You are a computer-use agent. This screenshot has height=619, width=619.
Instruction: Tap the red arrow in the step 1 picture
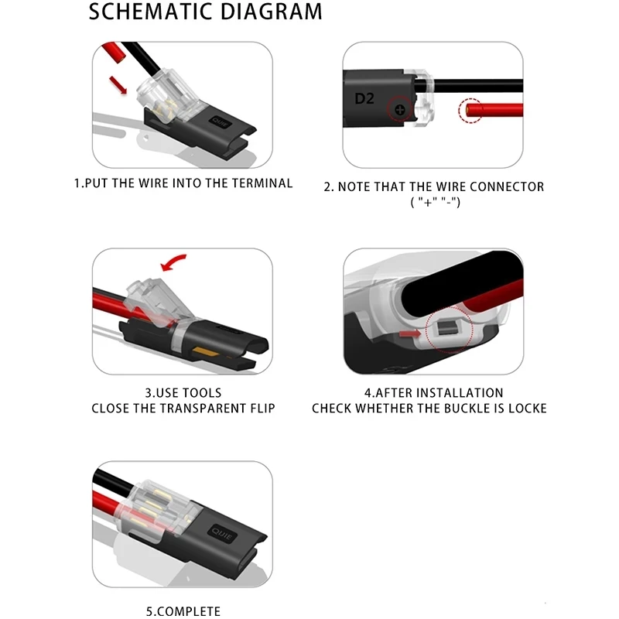tap(118, 83)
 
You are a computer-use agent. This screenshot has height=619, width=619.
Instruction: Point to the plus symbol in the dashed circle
tap(400, 111)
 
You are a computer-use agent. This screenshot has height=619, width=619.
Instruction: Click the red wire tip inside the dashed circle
tap(471, 112)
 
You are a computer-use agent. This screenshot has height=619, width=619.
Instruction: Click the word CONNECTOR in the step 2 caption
tap(506, 186)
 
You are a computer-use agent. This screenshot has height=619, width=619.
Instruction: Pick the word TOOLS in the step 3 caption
tap(201, 393)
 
